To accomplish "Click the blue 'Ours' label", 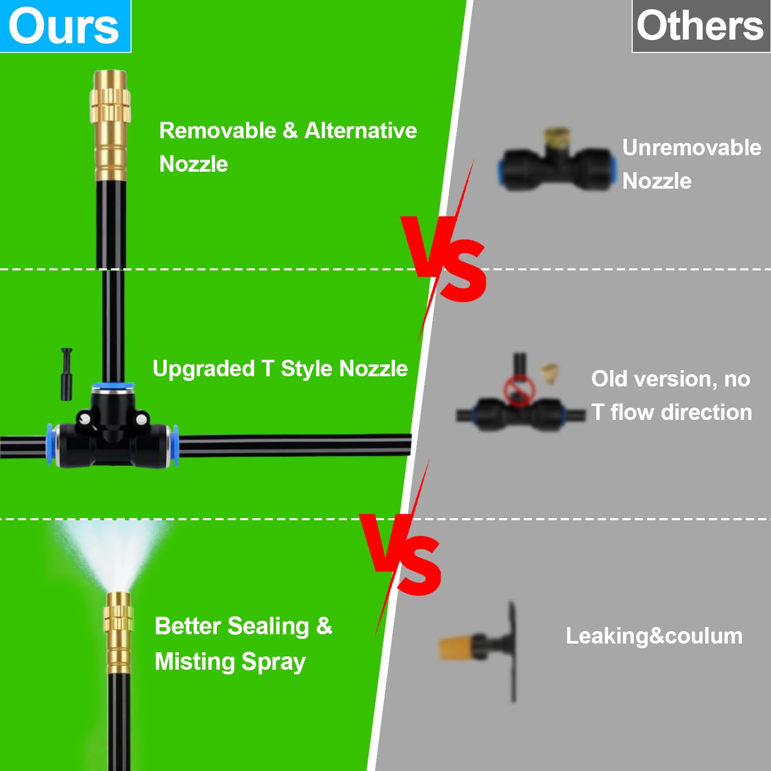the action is (65, 26).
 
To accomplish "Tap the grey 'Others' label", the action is (701, 26).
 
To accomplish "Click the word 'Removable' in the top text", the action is (218, 131).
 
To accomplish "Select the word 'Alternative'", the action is (361, 131).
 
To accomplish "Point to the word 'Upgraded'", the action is (204, 369).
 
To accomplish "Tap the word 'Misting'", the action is (195, 662).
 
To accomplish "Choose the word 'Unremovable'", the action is (692, 148).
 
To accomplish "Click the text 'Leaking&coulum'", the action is (654, 636).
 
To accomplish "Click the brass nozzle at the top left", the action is (110, 126).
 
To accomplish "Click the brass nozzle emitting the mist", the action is (119, 632).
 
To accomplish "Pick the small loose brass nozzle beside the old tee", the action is (549, 374).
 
